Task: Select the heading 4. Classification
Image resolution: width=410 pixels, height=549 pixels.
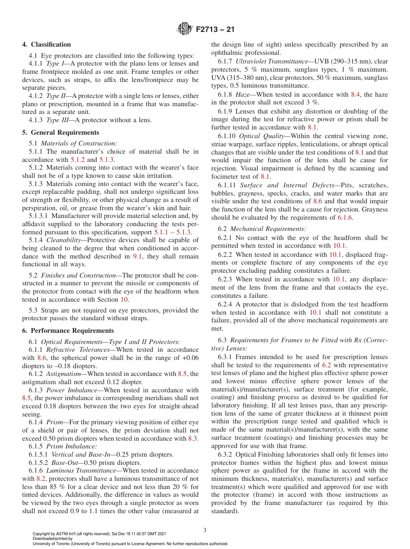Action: pyautogui.click(x=47, y=44)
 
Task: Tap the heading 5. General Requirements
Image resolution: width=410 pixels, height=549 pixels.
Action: pyautogui.click(x=61, y=133)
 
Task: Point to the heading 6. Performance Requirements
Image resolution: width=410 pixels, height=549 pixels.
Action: pyautogui.click(x=68, y=331)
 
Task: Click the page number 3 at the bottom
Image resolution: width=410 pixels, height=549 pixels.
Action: pyautogui.click(x=205, y=530)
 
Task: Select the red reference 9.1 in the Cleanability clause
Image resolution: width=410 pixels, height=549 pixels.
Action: pyautogui.click(x=136, y=256)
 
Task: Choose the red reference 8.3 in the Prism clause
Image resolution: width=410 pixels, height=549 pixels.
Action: pyautogui.click(x=193, y=439)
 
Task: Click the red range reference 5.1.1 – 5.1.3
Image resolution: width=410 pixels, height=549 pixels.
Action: pyautogui.click(x=173, y=233)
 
